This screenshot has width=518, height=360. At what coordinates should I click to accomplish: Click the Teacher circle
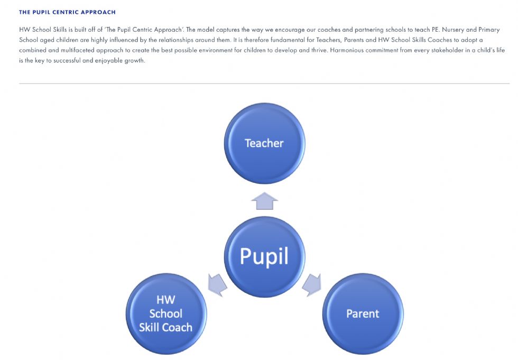click(x=264, y=143)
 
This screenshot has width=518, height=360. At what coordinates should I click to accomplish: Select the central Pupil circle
click(x=264, y=257)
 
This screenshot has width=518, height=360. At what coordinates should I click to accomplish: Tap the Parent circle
click(x=363, y=314)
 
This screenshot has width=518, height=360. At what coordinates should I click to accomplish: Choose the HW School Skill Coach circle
click(x=166, y=314)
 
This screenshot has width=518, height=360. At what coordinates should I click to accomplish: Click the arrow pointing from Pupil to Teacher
click(x=264, y=201)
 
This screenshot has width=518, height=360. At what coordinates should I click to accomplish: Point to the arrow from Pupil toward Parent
click(x=312, y=284)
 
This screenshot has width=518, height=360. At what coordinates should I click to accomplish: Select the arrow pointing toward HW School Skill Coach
click(x=217, y=284)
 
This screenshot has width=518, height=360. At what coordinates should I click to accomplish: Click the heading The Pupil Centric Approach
click(x=68, y=12)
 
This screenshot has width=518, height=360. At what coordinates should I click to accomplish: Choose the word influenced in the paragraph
click(x=123, y=40)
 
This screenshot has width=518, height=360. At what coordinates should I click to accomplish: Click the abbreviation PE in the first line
click(x=436, y=30)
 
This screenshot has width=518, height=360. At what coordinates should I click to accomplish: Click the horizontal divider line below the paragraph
click(x=264, y=84)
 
